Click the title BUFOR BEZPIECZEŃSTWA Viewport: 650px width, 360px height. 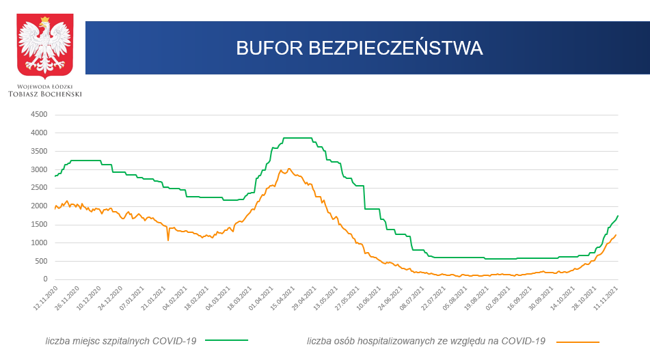point(360,48)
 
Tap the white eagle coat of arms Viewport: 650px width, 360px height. point(45,46)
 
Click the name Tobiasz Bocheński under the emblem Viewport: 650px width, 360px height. point(45,94)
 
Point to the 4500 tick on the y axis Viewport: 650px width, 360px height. point(39,114)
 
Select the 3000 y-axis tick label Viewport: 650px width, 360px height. point(39,169)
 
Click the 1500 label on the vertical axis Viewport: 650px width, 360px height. point(39,225)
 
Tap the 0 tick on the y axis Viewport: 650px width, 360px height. point(45,279)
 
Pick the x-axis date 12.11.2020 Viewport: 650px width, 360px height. point(46,299)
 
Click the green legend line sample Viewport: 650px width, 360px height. point(226,340)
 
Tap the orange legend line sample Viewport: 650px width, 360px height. point(578,341)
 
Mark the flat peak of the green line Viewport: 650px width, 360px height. point(297,138)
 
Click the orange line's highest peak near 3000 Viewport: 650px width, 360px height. point(288,168)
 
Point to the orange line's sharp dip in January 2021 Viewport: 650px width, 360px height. point(168,240)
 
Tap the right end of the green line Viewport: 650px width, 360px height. point(618,216)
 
